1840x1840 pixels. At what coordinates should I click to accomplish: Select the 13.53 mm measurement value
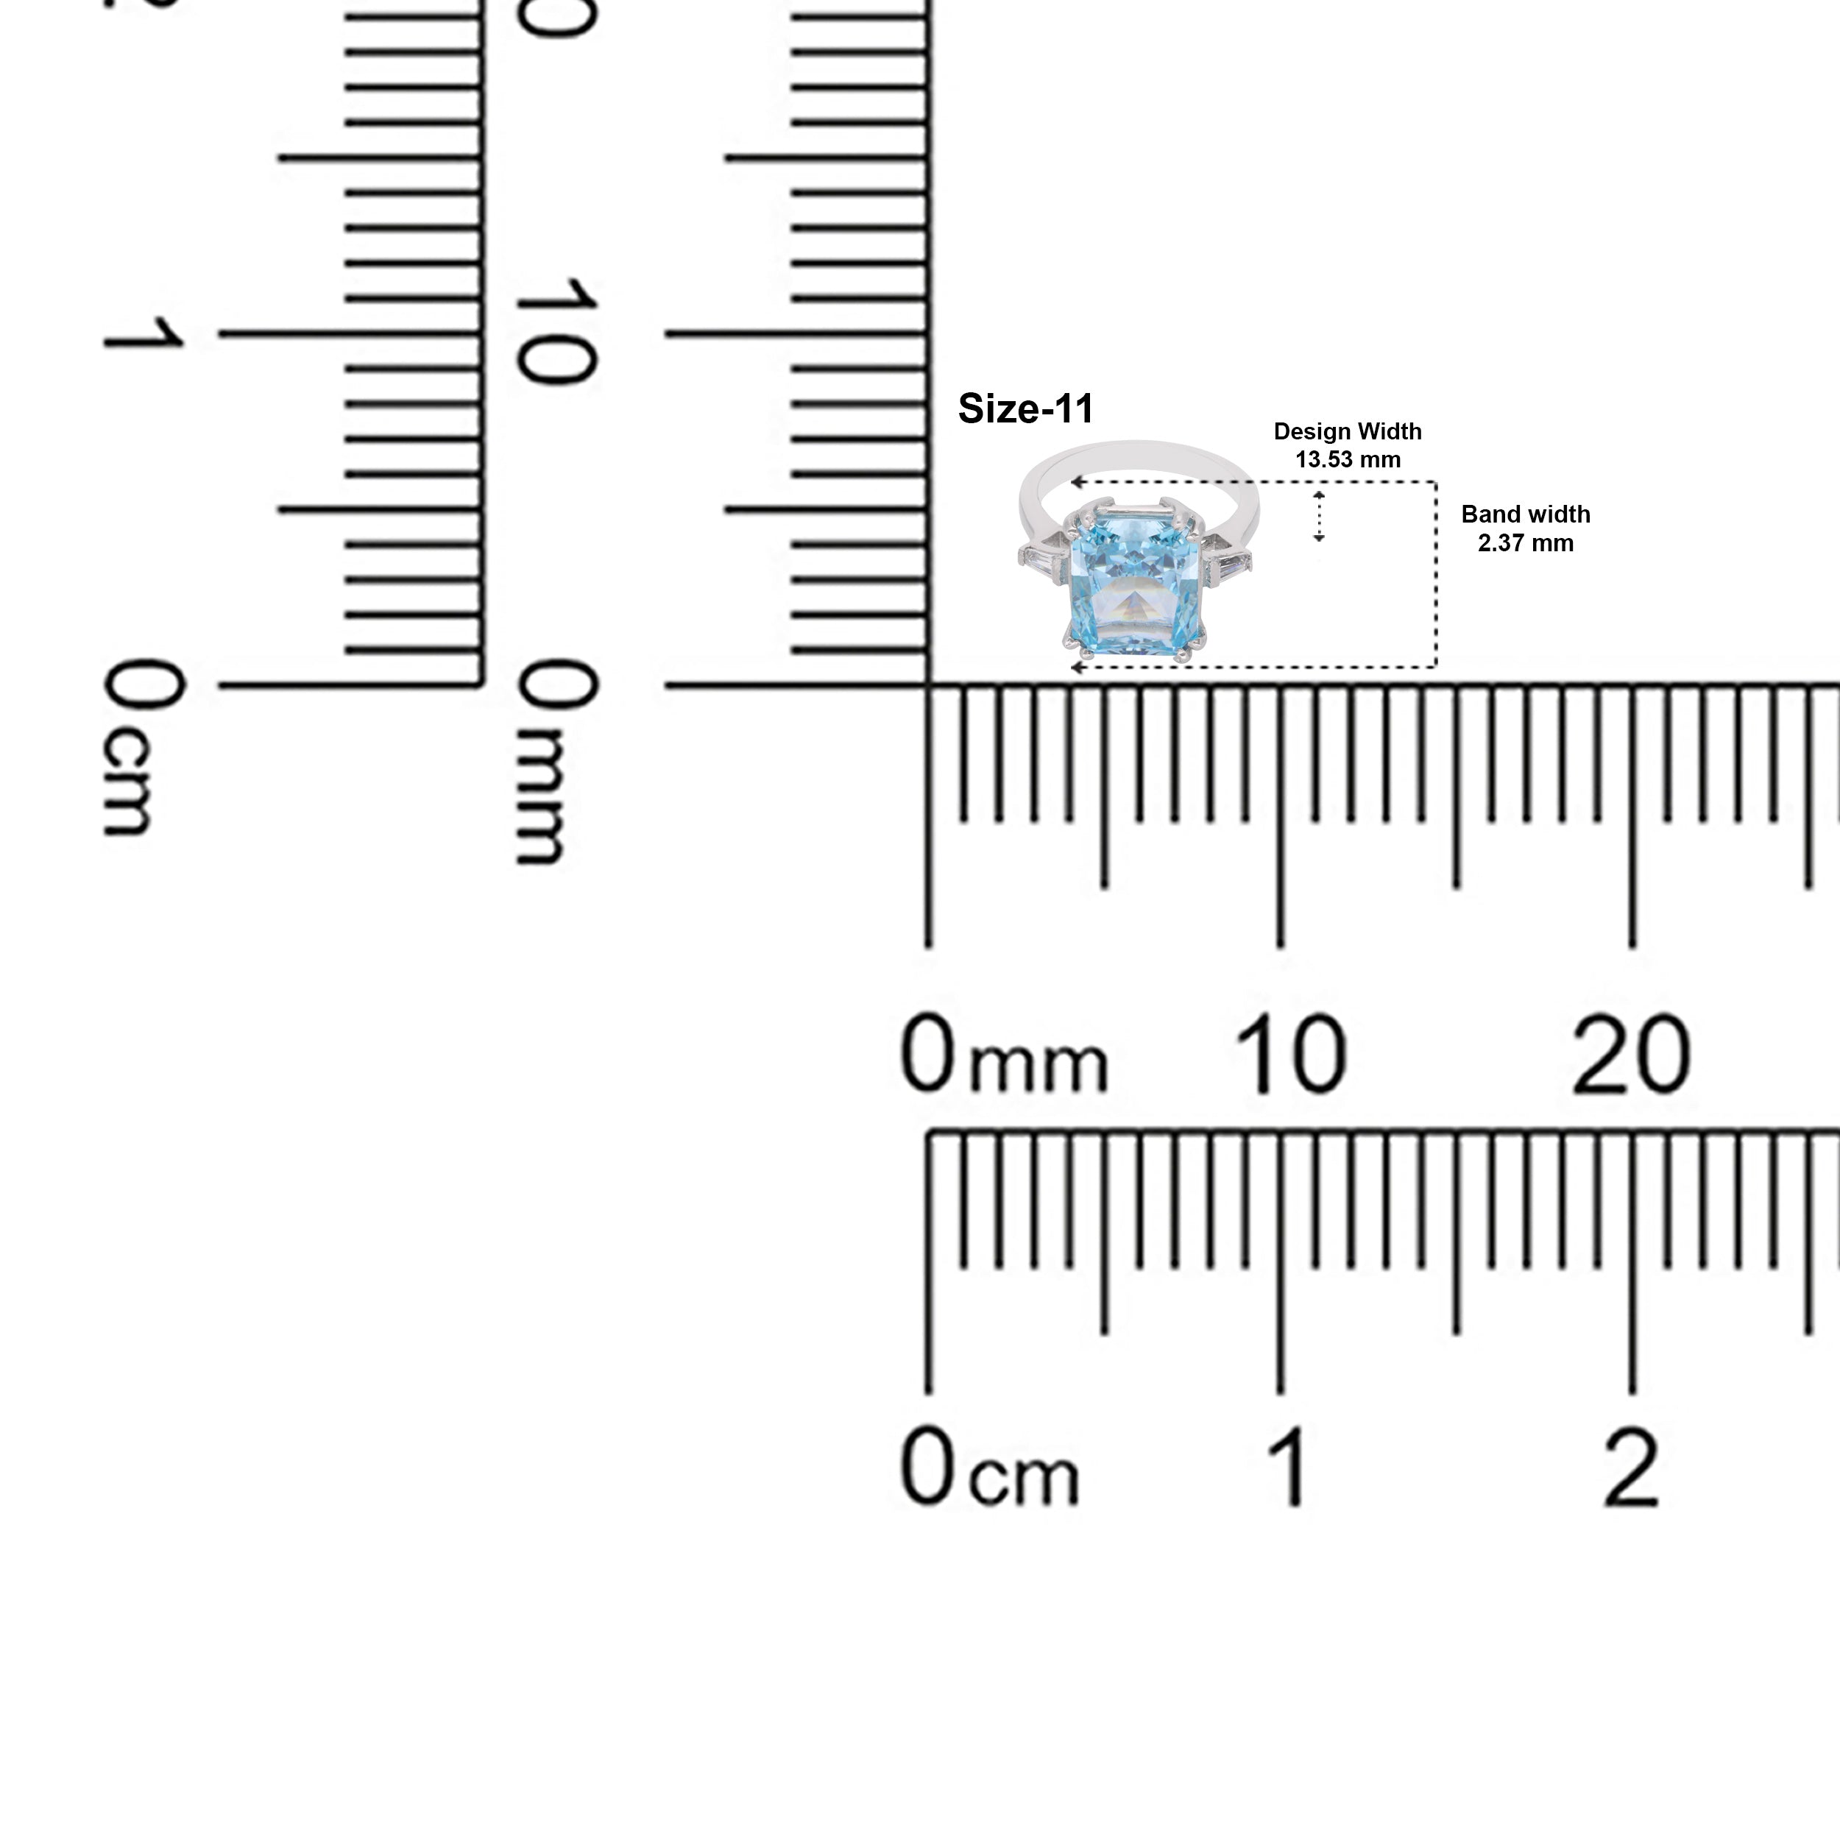[1348, 460]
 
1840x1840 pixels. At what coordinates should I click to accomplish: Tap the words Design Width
[1348, 431]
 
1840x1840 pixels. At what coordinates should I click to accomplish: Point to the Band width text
[1526, 514]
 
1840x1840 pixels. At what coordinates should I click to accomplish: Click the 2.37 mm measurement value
[1526, 543]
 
